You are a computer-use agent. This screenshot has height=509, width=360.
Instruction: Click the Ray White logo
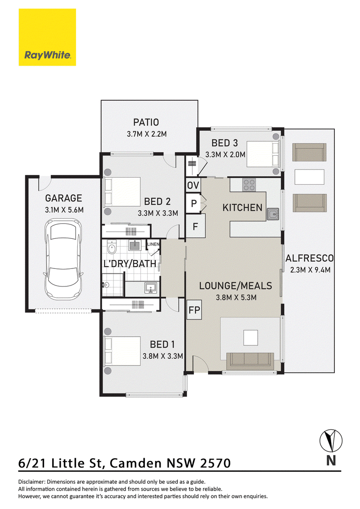click(x=47, y=37)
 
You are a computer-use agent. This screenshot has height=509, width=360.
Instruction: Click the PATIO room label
click(x=146, y=122)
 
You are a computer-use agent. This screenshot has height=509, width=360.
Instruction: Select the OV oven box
click(x=193, y=185)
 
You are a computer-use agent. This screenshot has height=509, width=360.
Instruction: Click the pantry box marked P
click(x=193, y=204)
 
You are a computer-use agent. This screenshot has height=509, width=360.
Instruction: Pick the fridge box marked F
click(x=195, y=226)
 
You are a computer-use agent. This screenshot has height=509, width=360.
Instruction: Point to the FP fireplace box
click(x=194, y=310)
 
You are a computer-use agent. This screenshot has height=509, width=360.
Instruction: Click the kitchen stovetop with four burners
click(x=249, y=185)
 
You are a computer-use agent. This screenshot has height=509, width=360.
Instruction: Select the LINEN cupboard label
click(x=153, y=244)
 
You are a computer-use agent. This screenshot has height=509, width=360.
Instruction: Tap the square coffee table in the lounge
click(x=251, y=338)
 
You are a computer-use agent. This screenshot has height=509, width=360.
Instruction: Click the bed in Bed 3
click(x=263, y=154)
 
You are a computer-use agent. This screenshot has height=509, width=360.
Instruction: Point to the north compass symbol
click(x=331, y=441)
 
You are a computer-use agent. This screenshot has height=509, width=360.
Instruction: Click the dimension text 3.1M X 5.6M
click(x=64, y=210)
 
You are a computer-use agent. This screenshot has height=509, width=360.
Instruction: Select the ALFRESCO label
click(x=309, y=259)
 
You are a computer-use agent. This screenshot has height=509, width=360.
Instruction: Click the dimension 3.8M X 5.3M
click(x=236, y=297)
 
